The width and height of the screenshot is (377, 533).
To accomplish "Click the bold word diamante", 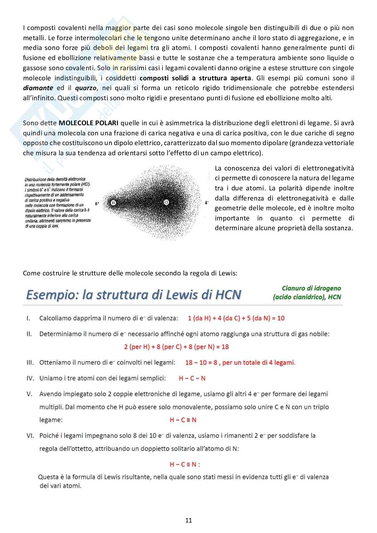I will coord(38,88).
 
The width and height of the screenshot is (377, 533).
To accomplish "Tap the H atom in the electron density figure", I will coord(113,203).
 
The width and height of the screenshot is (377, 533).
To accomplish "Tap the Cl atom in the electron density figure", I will coord(166,203).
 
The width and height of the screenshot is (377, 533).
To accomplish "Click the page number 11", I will coord(188,520).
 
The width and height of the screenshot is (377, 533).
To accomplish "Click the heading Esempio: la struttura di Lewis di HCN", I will coord(133,295).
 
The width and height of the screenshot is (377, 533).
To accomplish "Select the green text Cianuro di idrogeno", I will coord(311,288).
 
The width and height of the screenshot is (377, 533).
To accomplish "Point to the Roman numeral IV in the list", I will coord(30,378).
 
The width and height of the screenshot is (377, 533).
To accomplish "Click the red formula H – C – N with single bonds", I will coord(192,378).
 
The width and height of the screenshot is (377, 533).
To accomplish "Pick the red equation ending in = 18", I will coord(176,347).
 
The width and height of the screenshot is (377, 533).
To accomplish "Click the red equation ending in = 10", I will coord(236,318).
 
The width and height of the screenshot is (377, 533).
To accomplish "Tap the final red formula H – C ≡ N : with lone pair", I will coord(185,464).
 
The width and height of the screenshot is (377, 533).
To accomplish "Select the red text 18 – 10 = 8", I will coord(201,363).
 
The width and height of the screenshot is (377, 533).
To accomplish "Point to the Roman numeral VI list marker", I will coord(30,436).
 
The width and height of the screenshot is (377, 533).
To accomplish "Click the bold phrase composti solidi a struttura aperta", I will coord(195,78).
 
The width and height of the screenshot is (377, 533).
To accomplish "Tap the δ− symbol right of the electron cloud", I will coord(207,203).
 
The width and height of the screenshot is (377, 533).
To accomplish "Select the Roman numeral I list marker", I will coord(28,318).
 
